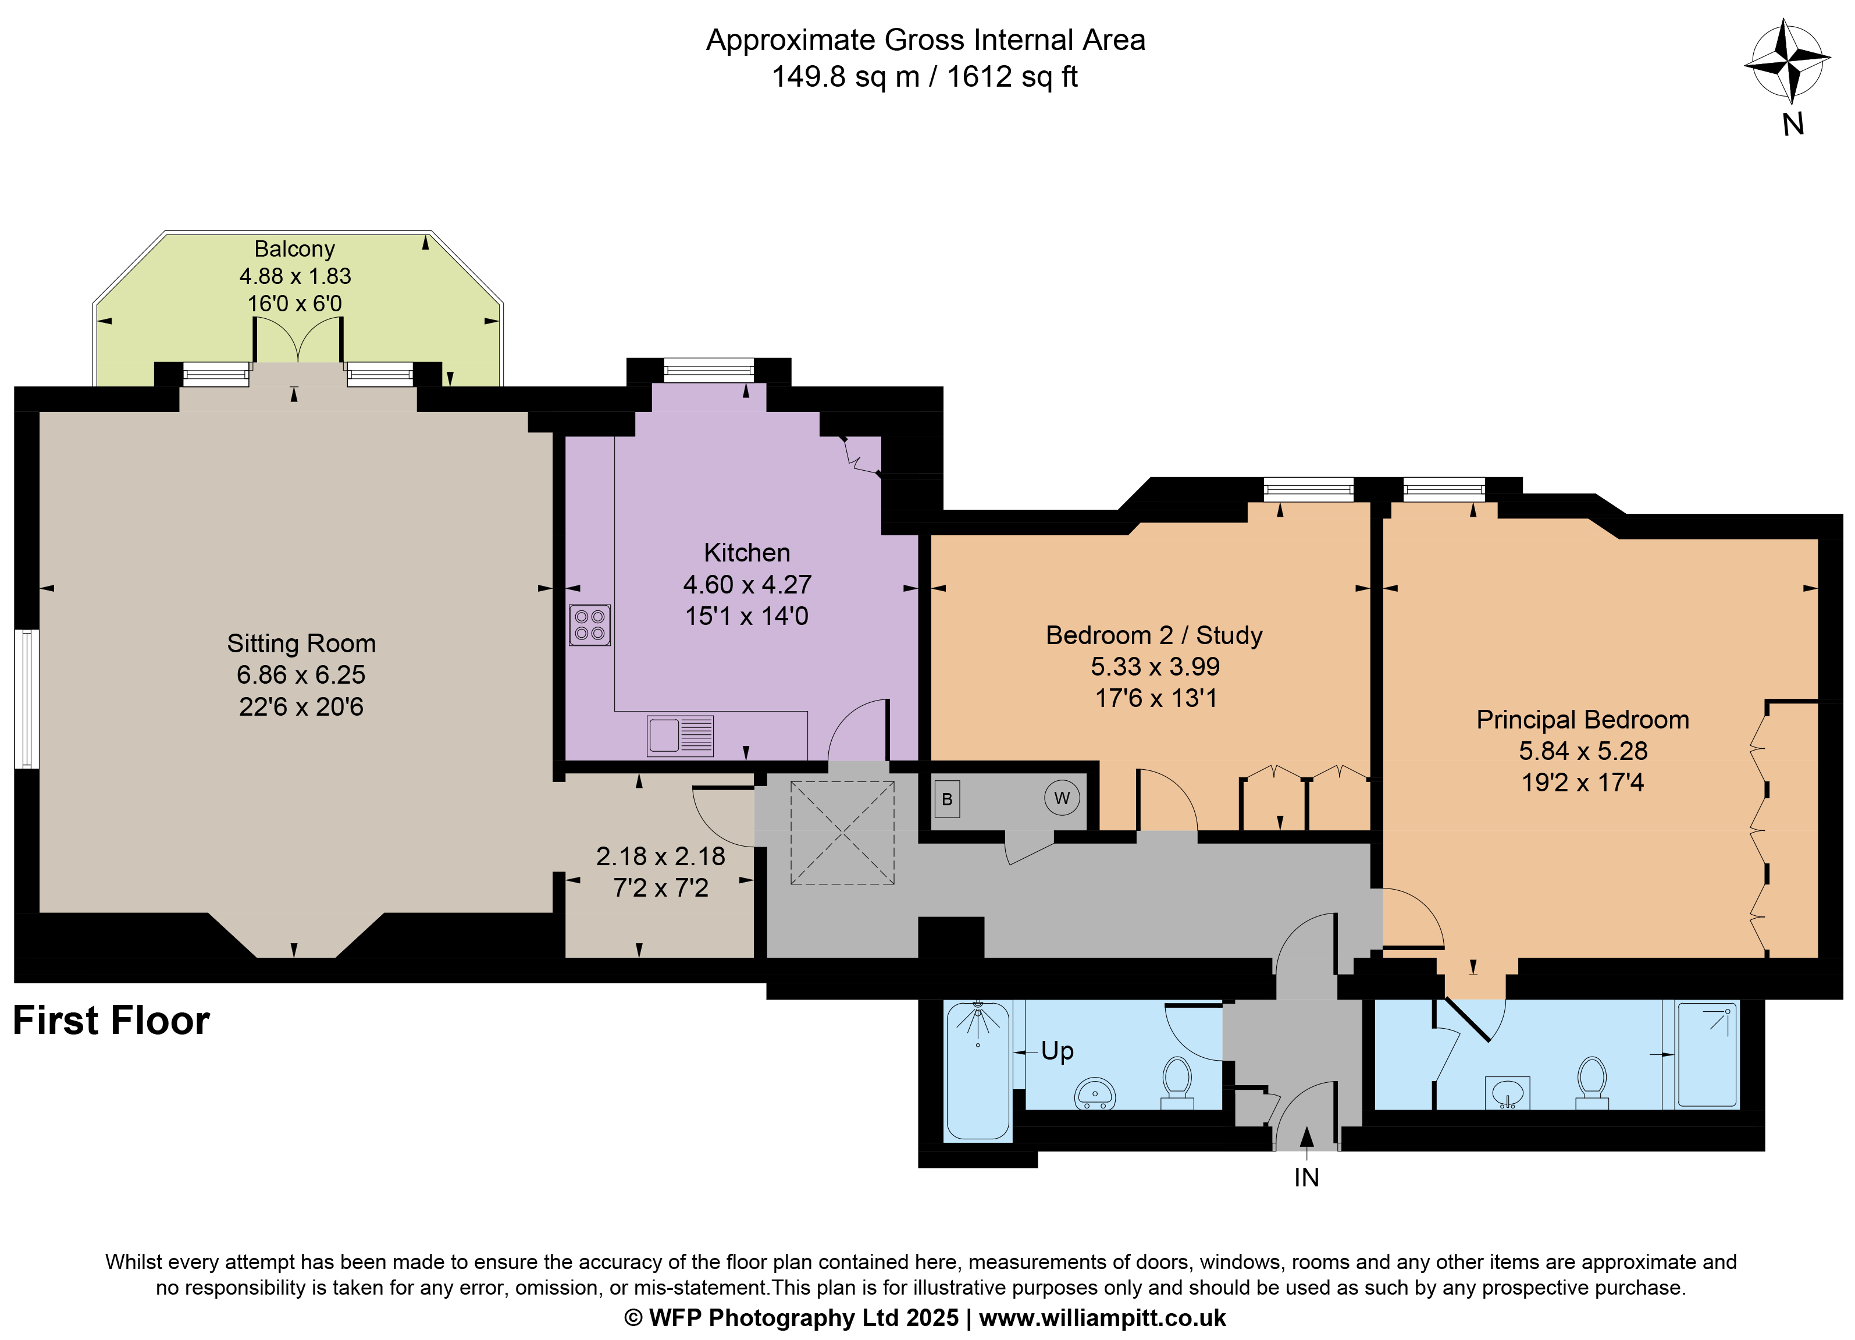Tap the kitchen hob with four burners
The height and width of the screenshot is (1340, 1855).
click(590, 625)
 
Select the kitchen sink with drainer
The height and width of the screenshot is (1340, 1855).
click(679, 735)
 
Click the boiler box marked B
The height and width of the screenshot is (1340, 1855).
click(946, 799)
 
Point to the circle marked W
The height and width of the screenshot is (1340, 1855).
click(1062, 798)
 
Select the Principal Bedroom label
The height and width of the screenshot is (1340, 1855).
click(1583, 720)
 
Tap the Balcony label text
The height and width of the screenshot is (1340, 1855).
click(294, 248)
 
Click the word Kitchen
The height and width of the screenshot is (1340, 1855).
click(747, 553)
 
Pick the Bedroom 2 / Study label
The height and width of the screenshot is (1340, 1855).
click(1154, 635)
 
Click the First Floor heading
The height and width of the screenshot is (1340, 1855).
click(111, 1021)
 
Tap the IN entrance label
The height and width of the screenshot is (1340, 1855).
click(1306, 1177)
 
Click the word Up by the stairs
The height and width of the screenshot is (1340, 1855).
click(1057, 1051)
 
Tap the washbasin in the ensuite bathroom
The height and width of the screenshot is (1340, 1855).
click(1507, 1092)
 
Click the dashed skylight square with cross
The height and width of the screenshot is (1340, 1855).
click(842, 833)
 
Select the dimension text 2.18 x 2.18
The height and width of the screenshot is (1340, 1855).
click(660, 856)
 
